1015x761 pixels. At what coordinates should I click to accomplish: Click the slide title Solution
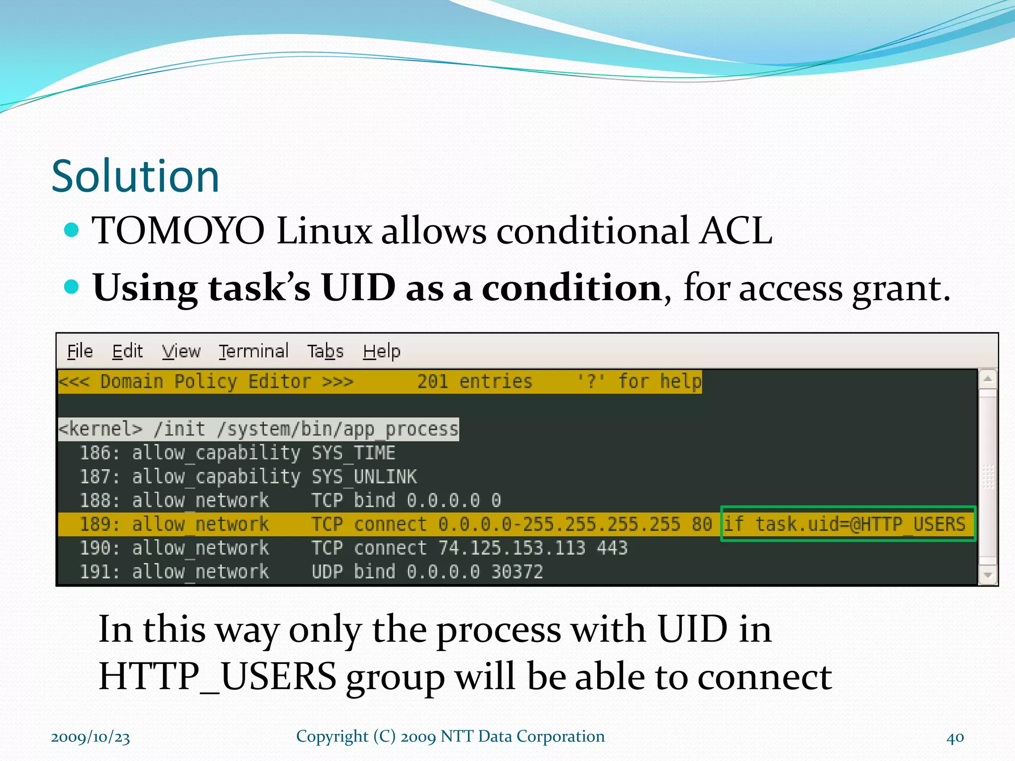tap(135, 176)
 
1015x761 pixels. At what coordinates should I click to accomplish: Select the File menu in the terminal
tap(80, 351)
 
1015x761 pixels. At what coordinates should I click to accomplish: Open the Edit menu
tap(127, 351)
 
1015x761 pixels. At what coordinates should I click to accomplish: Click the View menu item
tap(181, 351)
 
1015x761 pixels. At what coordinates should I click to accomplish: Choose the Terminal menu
tap(254, 351)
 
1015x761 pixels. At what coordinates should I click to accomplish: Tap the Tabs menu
tap(325, 351)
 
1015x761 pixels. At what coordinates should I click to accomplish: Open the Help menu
tap(382, 351)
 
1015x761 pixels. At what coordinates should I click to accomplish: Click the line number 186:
tap(100, 453)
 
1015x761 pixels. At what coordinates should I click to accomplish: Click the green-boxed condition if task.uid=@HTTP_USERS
tap(847, 524)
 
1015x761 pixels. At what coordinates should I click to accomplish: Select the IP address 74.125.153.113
tap(512, 548)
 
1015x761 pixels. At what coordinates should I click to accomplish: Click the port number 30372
tap(517, 572)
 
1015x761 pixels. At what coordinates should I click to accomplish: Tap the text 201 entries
tap(474, 381)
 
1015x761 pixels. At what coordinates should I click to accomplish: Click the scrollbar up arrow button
tap(988, 379)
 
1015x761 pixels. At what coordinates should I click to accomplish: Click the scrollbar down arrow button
tap(988, 575)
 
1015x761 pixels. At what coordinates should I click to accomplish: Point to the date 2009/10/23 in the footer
tap(90, 737)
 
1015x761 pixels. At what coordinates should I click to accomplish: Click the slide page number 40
tap(955, 737)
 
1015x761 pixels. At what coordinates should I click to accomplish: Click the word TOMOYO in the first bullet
tap(179, 231)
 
